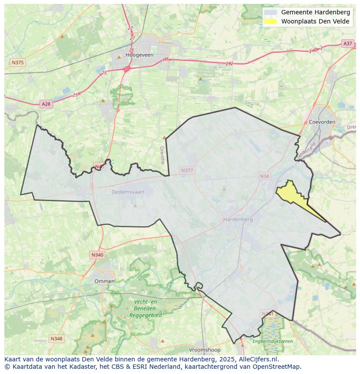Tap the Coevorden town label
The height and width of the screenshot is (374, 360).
click(x=322, y=122)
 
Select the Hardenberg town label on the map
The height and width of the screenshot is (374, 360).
click(x=238, y=219)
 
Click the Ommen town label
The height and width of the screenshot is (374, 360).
click(x=104, y=281)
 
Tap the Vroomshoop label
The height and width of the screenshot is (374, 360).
click(x=204, y=350)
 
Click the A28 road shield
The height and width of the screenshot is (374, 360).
click(x=46, y=104)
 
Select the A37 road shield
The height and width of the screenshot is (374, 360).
click(x=347, y=43)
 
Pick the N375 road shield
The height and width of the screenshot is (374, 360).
click(x=17, y=63)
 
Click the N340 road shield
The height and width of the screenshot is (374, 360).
click(x=97, y=255)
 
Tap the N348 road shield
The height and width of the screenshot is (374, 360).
click(x=56, y=338)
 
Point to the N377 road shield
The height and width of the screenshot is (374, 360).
click(x=187, y=171)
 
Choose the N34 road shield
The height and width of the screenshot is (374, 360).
click(x=264, y=176)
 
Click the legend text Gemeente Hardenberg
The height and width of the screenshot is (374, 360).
click(x=315, y=12)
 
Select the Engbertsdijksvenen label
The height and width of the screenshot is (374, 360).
click(x=272, y=341)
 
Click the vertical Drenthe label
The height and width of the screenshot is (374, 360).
click(x=162, y=155)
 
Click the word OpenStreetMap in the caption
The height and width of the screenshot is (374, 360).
click(x=279, y=367)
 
